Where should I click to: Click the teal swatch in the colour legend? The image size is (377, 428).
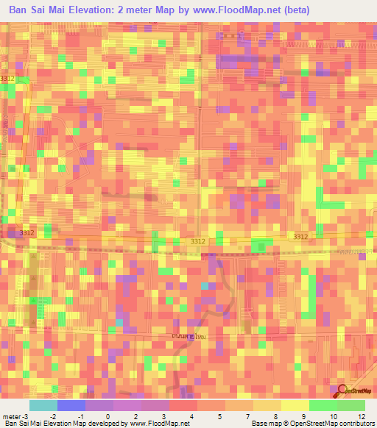(x=43, y=405)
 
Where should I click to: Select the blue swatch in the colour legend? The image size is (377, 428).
(x=71, y=405)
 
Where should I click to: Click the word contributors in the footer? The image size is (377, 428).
(x=354, y=424)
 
